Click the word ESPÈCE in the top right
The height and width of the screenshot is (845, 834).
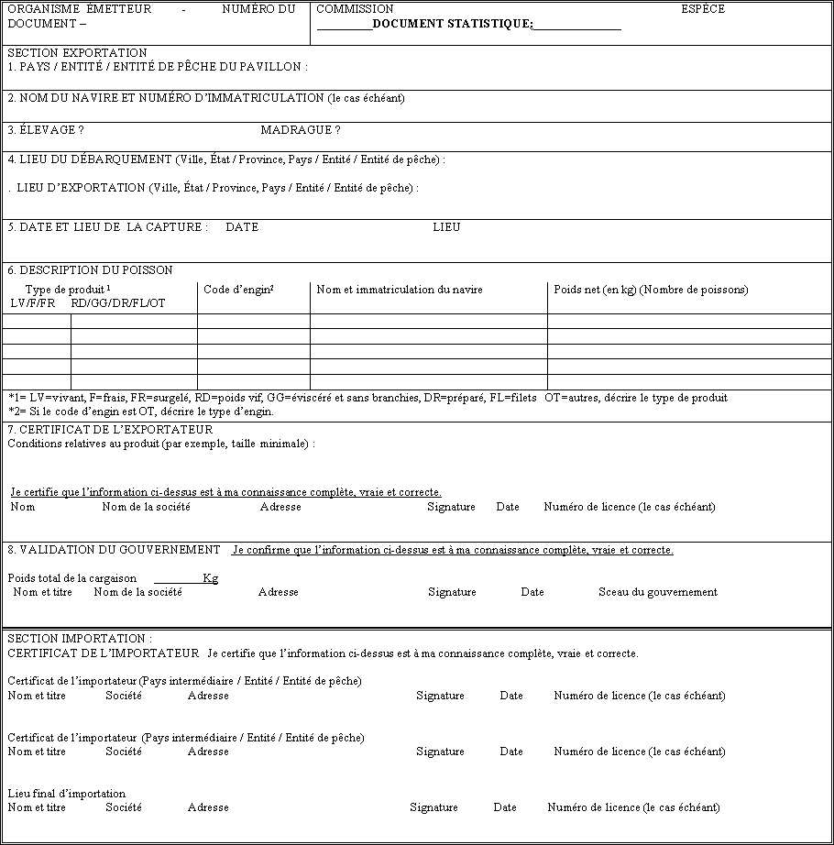[702, 9]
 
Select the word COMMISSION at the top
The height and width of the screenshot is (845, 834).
[355, 9]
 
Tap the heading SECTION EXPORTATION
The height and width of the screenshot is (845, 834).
[77, 53]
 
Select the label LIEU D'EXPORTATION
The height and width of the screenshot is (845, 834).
[81, 188]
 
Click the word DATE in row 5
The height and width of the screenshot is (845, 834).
[242, 227]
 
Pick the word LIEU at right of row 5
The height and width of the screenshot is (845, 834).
[446, 227]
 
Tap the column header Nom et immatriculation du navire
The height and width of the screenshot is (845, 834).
[399, 290]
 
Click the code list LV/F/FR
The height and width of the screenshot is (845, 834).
[33, 303]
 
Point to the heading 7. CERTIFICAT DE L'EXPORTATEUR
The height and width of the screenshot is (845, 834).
[110, 430]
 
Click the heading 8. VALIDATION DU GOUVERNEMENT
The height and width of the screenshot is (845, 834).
[114, 550]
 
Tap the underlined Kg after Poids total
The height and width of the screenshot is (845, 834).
[210, 578]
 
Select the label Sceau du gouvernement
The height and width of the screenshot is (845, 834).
[657, 592]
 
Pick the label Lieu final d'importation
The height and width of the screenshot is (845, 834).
[66, 794]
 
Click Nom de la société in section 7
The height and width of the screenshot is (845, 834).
[146, 507]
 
